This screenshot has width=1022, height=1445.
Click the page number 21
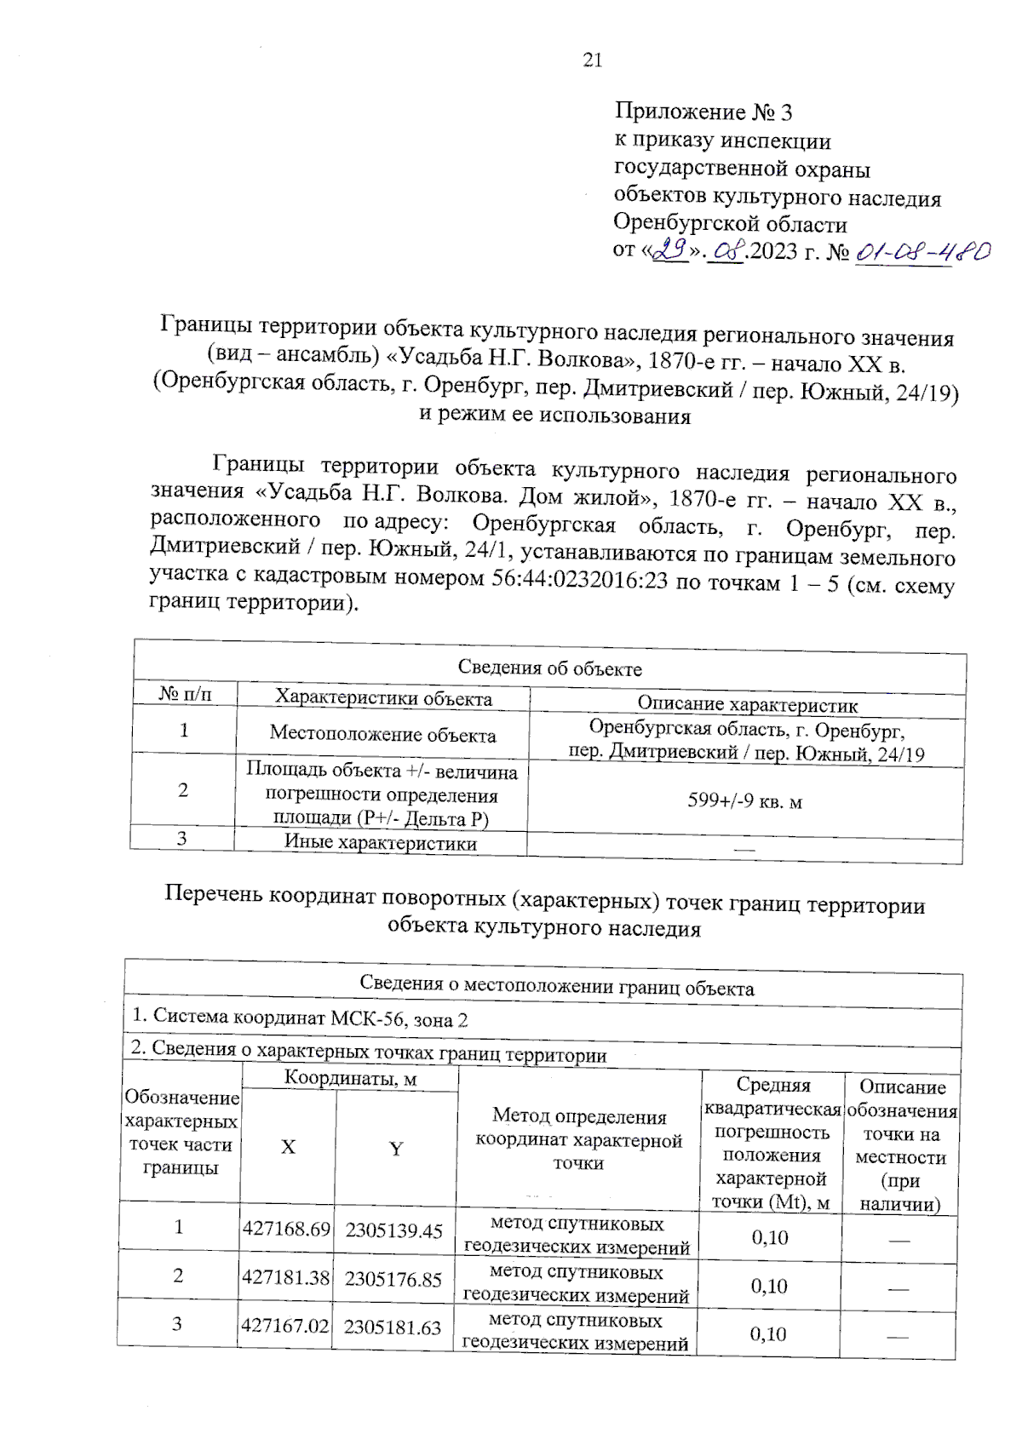pyautogui.click(x=592, y=60)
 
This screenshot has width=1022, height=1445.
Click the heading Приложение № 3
pyautogui.click(x=703, y=112)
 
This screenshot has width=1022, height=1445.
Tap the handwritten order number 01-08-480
pyautogui.click(x=922, y=252)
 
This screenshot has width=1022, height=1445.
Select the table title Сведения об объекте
pyautogui.click(x=549, y=668)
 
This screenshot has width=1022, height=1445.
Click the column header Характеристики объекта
pyautogui.click(x=383, y=698)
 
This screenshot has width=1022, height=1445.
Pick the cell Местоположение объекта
pyautogui.click(x=382, y=734)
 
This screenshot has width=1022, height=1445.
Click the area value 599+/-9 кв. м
pyautogui.click(x=744, y=800)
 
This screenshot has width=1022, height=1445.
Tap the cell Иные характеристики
pyautogui.click(x=380, y=843)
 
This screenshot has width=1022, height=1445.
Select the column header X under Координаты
pyautogui.click(x=288, y=1147)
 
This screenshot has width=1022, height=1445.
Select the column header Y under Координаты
pyautogui.click(x=395, y=1149)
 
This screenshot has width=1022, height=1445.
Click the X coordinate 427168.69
pyautogui.click(x=286, y=1229)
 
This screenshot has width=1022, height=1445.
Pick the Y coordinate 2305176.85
pyautogui.click(x=393, y=1279)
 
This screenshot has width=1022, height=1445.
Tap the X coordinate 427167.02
pyautogui.click(x=284, y=1326)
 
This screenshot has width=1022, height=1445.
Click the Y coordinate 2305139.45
pyautogui.click(x=394, y=1230)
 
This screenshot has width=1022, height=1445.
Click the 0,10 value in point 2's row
pyautogui.click(x=769, y=1286)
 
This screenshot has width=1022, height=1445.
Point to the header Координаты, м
pyautogui.click(x=350, y=1078)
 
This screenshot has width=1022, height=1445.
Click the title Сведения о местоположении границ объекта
pyautogui.click(x=556, y=986)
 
